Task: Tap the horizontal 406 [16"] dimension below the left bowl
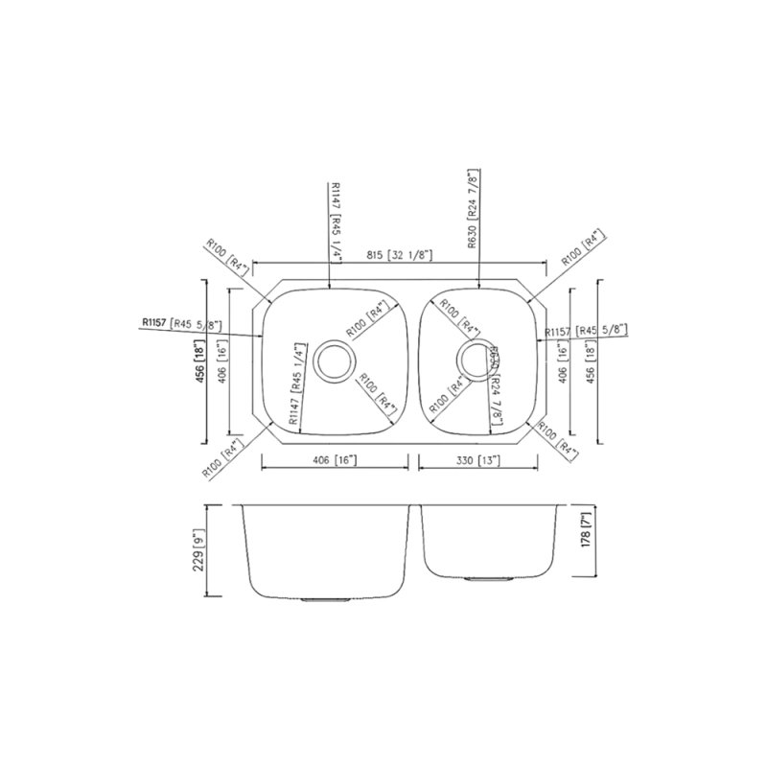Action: click(335, 461)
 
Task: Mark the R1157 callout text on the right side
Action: click(585, 331)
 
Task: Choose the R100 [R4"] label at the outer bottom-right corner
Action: click(559, 439)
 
